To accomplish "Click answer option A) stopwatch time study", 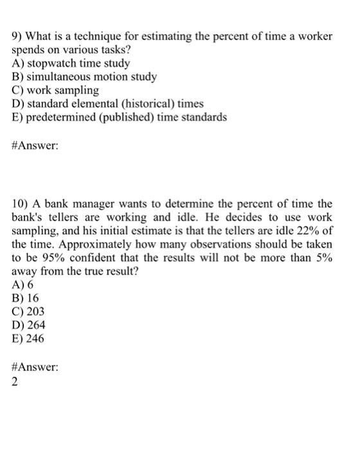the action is click(x=71, y=63).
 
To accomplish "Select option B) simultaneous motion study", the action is click(x=84, y=76).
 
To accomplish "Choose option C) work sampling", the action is click(x=56, y=90).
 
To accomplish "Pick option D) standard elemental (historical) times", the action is click(x=108, y=103).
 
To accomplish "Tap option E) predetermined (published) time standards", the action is click(x=120, y=117).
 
